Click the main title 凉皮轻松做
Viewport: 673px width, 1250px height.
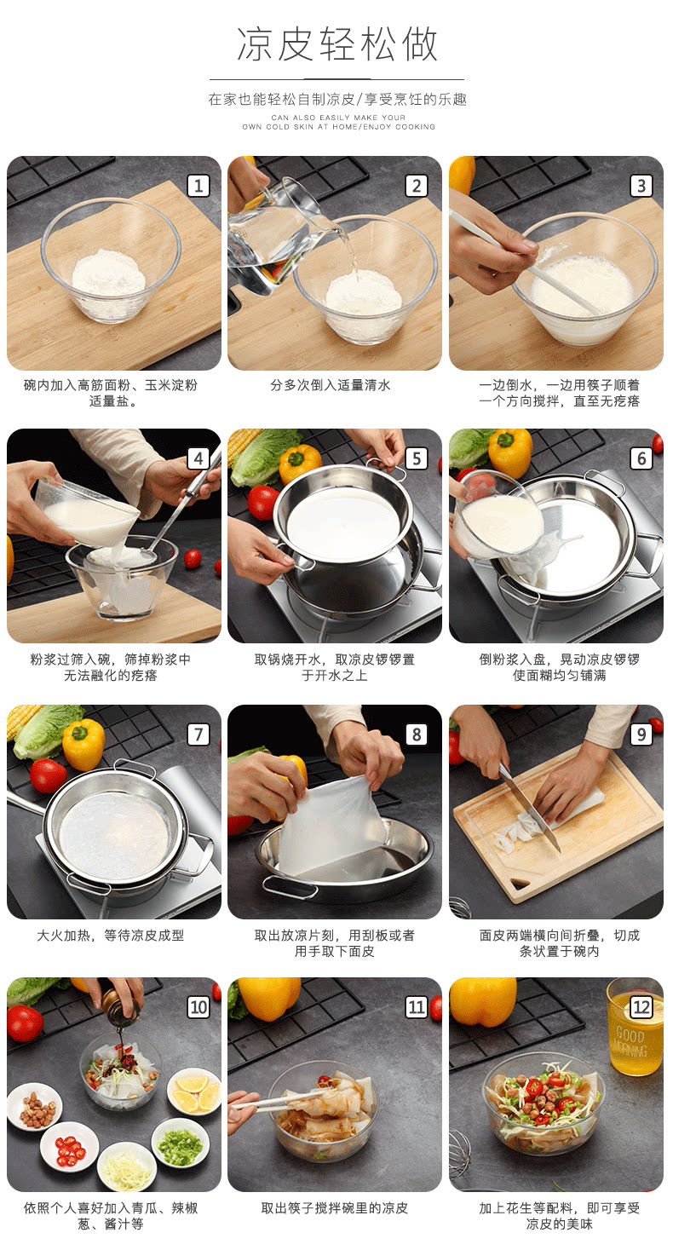click(x=337, y=44)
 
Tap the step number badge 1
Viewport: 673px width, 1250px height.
click(x=198, y=186)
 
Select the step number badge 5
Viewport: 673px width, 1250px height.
click(x=417, y=458)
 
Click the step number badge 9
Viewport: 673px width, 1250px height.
click(x=641, y=734)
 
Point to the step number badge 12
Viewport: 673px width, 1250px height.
click(x=641, y=1007)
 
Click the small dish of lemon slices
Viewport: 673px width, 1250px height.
click(x=193, y=1091)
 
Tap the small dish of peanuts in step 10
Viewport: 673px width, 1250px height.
click(x=35, y=1107)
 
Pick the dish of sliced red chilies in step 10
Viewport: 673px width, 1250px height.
click(x=69, y=1147)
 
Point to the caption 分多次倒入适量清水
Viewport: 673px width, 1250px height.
click(x=331, y=385)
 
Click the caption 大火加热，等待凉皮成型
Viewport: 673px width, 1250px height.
click(x=111, y=936)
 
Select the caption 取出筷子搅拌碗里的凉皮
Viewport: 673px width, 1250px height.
click(x=334, y=1208)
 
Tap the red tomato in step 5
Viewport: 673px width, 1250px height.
click(x=262, y=502)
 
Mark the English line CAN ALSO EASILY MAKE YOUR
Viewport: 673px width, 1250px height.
click(x=338, y=118)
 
